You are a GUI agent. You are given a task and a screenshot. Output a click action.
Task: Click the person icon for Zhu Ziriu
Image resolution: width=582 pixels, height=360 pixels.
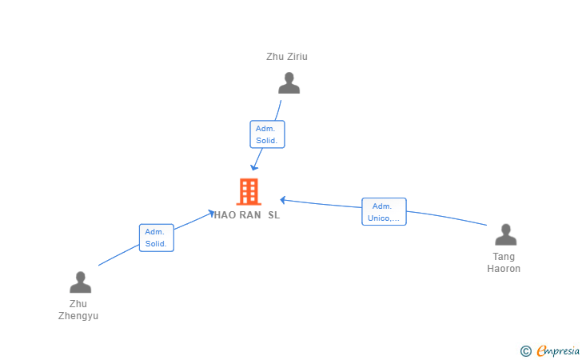pos(289,83)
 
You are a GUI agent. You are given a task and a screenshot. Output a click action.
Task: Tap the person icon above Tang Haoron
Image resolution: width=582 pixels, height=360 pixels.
pos(505,234)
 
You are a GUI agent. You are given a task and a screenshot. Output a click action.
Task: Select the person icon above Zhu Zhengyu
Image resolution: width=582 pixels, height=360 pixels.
pos(80,282)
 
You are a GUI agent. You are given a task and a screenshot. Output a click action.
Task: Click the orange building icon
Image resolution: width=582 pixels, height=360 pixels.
pos(249,192)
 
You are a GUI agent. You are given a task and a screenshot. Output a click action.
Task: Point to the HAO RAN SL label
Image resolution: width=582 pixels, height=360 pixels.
pos(247,215)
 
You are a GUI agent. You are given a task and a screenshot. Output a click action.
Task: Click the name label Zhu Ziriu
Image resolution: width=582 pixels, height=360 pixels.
pos(287,57)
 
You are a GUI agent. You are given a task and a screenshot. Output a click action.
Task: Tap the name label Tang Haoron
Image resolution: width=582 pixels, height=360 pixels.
pos(504,262)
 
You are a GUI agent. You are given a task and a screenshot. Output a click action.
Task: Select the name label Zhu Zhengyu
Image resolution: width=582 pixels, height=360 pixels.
pos(78,310)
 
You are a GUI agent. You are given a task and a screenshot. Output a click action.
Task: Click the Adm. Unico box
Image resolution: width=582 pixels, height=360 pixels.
pos(385,212)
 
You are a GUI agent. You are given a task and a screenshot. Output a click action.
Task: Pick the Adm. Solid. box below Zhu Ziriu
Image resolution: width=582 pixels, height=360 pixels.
pos(267,134)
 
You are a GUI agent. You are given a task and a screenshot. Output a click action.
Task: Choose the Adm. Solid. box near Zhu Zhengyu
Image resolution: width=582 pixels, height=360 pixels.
pos(157,238)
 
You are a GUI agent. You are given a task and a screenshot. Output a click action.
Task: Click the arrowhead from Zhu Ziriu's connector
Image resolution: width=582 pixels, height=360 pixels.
pos(254,167)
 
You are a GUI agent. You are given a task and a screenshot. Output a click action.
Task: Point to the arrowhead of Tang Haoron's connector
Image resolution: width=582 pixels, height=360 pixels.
pos(283,200)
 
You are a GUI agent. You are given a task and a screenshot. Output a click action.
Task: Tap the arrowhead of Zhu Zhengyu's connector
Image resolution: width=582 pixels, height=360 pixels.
pos(211,214)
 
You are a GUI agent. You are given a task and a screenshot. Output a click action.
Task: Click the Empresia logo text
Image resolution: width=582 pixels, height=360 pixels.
pos(558,350)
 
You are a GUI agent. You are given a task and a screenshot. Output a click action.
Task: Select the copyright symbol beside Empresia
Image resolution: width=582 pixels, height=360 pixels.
pos(525,351)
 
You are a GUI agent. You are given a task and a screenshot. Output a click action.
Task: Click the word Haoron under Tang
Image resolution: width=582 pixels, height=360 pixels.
pos(504,269)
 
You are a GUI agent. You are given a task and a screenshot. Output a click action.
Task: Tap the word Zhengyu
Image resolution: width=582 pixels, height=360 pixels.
pos(78,316)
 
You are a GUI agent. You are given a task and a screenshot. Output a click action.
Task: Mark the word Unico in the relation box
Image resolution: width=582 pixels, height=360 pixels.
pos(378,218)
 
